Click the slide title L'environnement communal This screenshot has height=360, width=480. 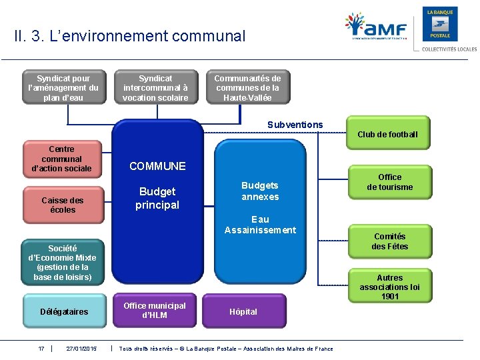(129, 36)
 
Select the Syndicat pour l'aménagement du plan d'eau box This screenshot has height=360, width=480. (63, 88)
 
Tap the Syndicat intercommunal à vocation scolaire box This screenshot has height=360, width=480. (155, 88)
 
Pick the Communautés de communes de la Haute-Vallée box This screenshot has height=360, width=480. (247, 88)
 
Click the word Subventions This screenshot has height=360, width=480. (295, 125)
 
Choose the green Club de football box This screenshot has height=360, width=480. (387, 134)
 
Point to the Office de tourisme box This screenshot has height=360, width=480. (390, 182)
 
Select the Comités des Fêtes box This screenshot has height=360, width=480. (390, 241)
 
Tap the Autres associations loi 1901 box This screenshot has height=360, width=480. (390, 287)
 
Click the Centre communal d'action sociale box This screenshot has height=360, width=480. (61, 159)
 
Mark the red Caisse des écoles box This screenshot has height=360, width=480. (62, 205)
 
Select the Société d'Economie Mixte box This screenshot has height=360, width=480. (62, 262)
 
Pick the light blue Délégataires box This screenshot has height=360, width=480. (64, 311)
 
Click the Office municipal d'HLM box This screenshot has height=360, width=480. (155, 310)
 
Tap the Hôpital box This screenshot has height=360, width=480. (243, 311)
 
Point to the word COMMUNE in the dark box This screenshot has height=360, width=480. (157, 166)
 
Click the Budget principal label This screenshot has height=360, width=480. (157, 198)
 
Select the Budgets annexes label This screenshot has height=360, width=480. (260, 191)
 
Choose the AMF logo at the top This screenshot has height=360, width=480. (376, 28)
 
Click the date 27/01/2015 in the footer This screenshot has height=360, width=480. (81, 349)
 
